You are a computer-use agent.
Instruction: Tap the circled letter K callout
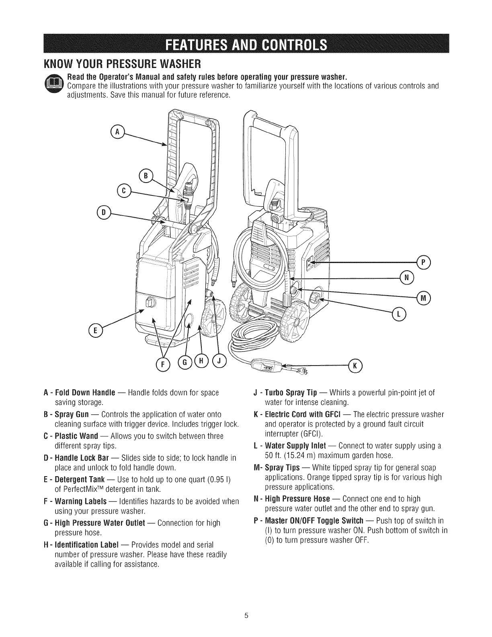click(355, 365)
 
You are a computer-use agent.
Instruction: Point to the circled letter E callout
click(95, 331)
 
